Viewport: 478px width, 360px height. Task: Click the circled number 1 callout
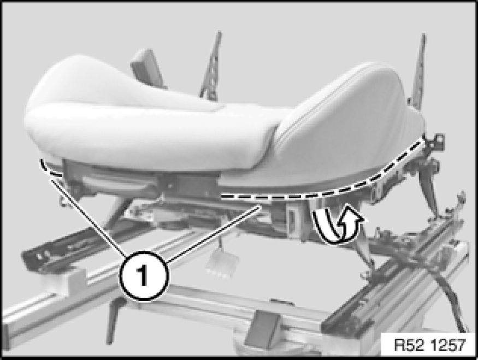[x=144, y=276]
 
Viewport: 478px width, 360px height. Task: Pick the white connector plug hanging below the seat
[x=222, y=264]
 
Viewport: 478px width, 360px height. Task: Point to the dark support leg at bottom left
[x=114, y=320]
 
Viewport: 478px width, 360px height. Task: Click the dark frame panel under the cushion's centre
[x=187, y=185]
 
